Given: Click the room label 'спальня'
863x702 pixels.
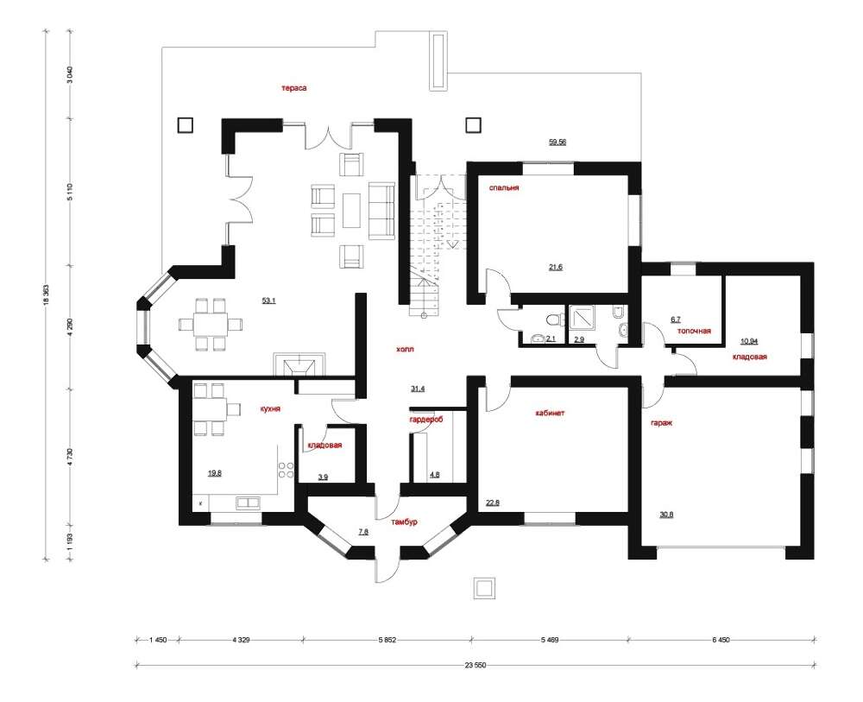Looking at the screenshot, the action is (504, 187).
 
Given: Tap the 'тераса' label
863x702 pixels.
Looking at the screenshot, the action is (294, 88).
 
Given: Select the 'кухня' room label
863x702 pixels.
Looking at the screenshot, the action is (270, 409).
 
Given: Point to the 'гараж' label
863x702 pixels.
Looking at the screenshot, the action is (662, 423).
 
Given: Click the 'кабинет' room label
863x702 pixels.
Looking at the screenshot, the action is (550, 413).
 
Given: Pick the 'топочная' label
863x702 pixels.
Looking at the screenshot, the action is (694, 331).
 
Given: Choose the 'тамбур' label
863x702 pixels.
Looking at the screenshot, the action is (404, 522).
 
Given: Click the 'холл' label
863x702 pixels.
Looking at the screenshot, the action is (405, 349).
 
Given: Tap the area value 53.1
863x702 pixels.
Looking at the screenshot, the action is (268, 300).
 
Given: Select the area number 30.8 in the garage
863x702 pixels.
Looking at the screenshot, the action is (666, 515).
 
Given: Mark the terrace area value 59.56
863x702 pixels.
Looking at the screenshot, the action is (557, 142).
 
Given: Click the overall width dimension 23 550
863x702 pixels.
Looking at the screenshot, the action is (476, 665).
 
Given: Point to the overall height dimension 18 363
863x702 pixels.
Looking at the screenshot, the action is (47, 295).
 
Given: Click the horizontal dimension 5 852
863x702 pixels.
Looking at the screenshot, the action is (387, 640).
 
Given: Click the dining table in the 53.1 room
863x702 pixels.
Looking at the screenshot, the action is (211, 324).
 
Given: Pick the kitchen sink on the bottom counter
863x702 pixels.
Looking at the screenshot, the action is (248, 503).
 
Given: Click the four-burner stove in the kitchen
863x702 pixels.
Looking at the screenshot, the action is (286, 470).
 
